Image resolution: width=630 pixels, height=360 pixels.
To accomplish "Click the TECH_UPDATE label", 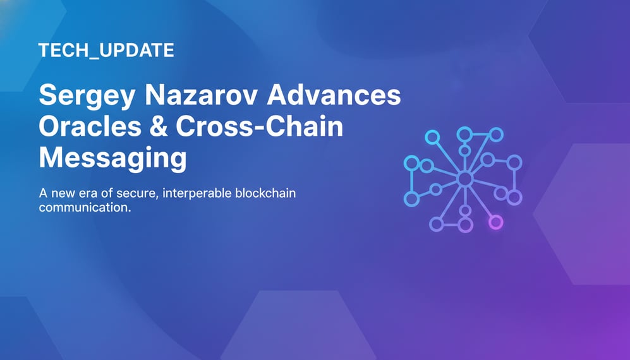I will pyautogui.click(x=106, y=51).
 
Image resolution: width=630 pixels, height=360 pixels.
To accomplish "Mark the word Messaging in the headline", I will pyautogui.click(x=112, y=158).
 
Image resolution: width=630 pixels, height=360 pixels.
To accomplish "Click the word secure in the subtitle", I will pyautogui.click(x=135, y=193).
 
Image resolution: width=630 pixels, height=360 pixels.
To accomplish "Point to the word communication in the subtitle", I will pyautogui.click(x=85, y=207).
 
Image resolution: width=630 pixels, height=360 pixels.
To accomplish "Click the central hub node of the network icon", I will pyautogui.click(x=464, y=179).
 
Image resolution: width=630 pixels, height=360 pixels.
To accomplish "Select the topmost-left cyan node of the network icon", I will pyautogui.click(x=432, y=136).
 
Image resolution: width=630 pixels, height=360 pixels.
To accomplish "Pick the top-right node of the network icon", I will pyautogui.click(x=496, y=134).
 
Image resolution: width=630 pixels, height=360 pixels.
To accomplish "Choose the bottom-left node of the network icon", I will pyautogui.click(x=411, y=199).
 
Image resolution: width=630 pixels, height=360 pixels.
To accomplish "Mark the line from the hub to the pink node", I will pyautogui.click(x=480, y=201).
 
